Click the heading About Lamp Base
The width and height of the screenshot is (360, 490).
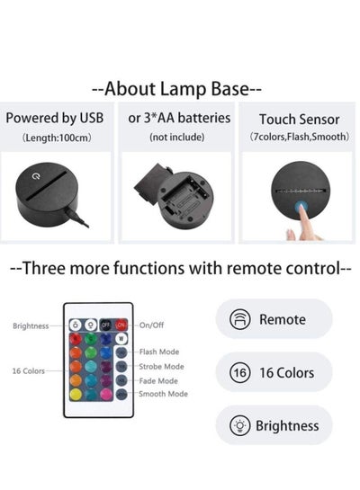176,89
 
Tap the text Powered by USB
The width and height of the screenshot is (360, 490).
55,118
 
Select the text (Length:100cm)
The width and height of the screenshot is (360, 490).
57,138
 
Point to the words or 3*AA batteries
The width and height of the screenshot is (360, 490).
179,118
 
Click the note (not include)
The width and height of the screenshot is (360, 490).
177,137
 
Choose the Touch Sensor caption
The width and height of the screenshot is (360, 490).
300,120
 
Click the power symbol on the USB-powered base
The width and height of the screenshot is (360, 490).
37,176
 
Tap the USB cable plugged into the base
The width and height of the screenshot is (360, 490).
77,218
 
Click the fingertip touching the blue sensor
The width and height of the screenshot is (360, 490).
301,208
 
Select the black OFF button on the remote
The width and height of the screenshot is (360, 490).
106,325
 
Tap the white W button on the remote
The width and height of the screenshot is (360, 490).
121,338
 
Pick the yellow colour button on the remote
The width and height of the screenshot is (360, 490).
76,395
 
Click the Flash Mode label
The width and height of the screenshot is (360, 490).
159,352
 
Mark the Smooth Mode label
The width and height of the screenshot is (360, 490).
163,394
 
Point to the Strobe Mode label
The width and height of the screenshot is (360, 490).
161,367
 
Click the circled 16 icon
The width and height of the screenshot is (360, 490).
240,372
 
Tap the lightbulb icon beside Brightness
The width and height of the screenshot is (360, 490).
240,425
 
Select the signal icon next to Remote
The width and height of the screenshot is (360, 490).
240,319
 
